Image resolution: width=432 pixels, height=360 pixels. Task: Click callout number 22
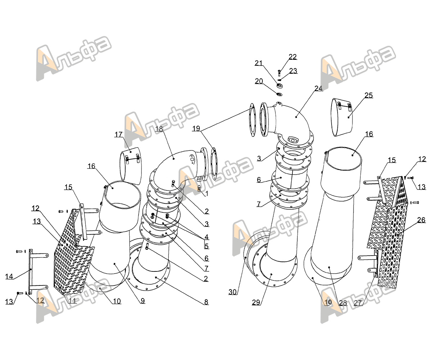[293, 57]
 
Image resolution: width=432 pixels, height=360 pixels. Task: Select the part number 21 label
[258, 63]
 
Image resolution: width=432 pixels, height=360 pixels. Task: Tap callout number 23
[293, 71]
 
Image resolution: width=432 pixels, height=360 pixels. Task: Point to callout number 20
[259, 81]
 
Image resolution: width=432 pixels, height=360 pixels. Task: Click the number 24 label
[319, 88]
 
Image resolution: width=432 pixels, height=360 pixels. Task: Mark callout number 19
[196, 129]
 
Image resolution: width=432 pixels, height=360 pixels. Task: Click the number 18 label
[159, 129]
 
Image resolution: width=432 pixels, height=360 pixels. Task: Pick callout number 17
[118, 135]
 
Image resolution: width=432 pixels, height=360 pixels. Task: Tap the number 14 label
[9, 276]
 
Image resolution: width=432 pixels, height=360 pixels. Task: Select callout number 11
[72, 301]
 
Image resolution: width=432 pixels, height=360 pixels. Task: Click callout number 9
[143, 301]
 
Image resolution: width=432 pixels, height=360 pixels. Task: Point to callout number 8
[206, 302]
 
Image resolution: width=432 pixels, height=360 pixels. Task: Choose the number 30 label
[233, 292]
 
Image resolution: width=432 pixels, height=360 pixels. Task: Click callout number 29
[256, 302]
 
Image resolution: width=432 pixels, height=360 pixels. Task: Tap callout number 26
[421, 220]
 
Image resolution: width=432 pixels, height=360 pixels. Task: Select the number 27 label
[358, 303]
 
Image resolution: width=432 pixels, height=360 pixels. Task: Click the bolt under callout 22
[279, 73]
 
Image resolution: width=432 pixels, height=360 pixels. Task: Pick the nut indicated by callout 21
[280, 85]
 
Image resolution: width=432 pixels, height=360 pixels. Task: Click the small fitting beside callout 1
[199, 189]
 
